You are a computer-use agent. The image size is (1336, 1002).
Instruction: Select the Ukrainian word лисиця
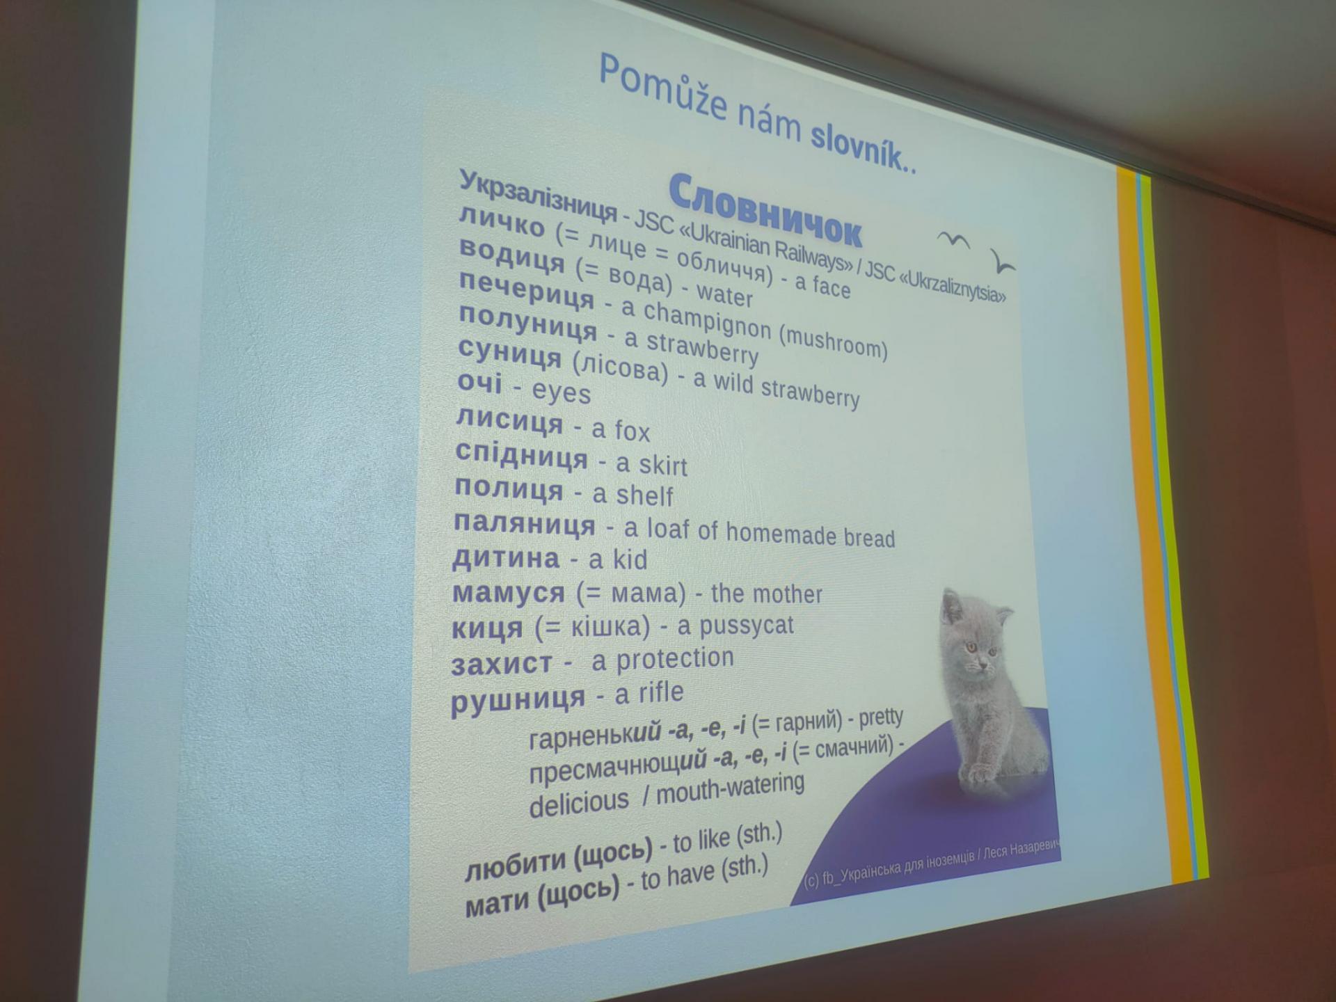(x=509, y=421)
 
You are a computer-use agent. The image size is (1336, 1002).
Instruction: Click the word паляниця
(x=524, y=523)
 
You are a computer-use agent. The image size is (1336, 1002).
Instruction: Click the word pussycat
(x=746, y=626)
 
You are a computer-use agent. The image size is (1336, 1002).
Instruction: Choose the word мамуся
(x=509, y=593)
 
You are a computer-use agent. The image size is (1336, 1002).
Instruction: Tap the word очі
(x=479, y=381)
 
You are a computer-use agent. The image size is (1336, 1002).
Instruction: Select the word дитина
(x=506, y=558)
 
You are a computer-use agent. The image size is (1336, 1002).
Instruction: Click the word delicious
(x=579, y=804)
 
